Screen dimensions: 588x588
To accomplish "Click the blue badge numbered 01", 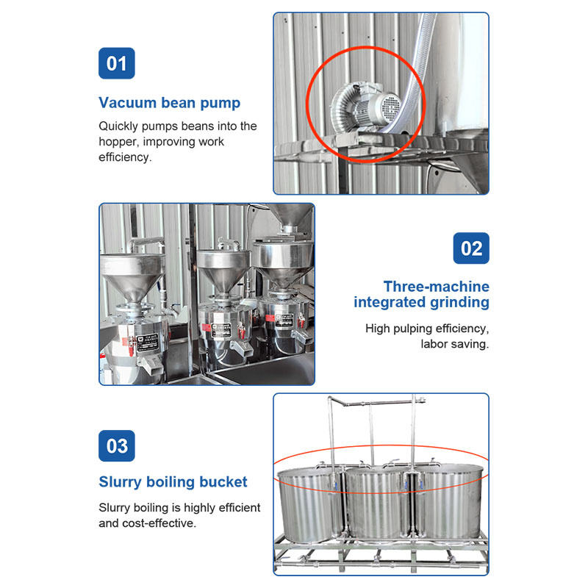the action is coord(117,63).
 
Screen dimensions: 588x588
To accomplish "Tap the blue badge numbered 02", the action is coord(471,248).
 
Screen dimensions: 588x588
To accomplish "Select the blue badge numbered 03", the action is coord(117,446).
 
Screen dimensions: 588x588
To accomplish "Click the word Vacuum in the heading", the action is coord(127,103).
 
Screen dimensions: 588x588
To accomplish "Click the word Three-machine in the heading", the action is coord(436,287).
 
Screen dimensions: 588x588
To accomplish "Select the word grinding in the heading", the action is coord(459,303).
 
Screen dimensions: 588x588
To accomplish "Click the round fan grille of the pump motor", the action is coord(391,106).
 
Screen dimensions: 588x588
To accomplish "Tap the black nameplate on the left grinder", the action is coord(148,343).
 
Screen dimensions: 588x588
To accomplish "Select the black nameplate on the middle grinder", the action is coord(221,330).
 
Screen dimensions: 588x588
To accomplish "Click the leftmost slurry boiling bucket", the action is coord(311,502).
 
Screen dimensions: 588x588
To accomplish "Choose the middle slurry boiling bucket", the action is coord(376,502).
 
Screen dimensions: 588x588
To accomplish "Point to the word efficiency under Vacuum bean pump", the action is coord(125,157).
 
